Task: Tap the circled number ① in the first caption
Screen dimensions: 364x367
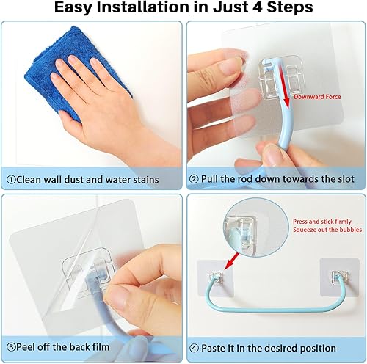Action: click(x=12, y=178)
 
